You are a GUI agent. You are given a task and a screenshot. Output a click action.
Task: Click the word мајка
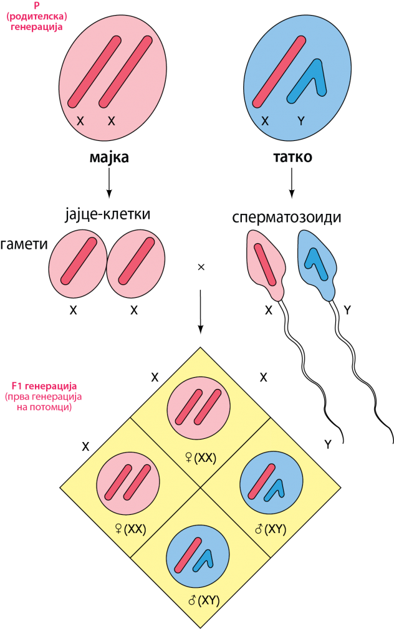point(108,157)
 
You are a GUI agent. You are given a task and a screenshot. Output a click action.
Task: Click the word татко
point(292,157)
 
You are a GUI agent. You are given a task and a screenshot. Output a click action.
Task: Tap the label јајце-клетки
point(107,214)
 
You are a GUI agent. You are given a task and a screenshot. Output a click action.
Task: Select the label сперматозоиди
point(287,217)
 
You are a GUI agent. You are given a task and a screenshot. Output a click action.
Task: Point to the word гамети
point(24,244)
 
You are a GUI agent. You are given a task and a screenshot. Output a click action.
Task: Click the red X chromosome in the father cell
point(279,72)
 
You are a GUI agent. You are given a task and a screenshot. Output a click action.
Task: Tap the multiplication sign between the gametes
point(201,267)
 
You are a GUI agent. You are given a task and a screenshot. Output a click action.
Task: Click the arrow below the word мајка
point(108,183)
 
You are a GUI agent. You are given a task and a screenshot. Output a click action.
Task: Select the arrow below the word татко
point(292,183)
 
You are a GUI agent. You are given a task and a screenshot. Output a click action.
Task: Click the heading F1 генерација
point(44,387)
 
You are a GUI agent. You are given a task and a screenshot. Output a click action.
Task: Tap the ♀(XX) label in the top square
point(201,458)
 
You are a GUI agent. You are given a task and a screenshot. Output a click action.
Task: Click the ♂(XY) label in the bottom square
point(204,600)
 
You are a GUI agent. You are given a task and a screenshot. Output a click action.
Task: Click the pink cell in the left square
point(128,483)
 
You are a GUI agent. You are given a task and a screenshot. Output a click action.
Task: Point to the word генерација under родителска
point(37,27)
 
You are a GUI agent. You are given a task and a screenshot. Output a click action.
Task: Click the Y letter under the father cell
point(301,121)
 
